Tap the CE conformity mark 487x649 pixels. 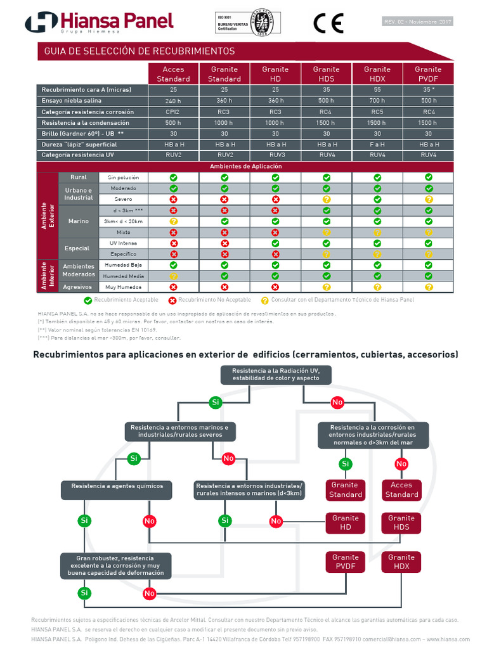click(x=328, y=23)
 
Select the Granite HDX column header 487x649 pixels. click(x=377, y=74)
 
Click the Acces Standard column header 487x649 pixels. click(x=173, y=74)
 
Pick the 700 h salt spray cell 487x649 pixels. click(x=377, y=101)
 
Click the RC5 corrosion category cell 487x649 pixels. click(x=377, y=112)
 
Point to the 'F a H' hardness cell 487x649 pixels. click(x=377, y=145)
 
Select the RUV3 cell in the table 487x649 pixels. click(x=275, y=155)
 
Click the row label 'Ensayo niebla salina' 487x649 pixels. click(x=72, y=101)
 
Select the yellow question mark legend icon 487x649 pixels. click(x=265, y=300)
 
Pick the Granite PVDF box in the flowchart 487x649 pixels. click(x=345, y=562)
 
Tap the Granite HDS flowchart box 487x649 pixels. click(x=401, y=523)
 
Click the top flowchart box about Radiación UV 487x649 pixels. click(x=275, y=374)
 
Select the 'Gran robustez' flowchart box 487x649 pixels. click(x=115, y=565)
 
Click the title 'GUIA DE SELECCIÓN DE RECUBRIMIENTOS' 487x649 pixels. click(x=140, y=51)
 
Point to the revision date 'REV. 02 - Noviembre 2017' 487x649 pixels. click(x=418, y=22)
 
